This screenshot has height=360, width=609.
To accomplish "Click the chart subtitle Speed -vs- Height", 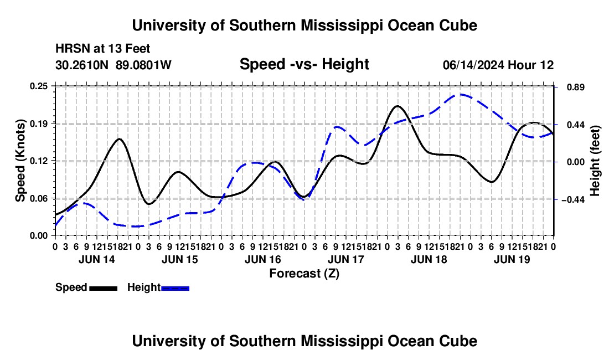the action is (x=304, y=64).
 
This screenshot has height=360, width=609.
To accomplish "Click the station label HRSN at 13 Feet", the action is (x=102, y=49).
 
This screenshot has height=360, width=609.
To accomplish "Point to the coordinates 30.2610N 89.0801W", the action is (x=113, y=65).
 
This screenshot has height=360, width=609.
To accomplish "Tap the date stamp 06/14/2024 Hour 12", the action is (x=498, y=65).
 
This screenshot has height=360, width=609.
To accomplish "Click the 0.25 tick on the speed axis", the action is (x=39, y=86).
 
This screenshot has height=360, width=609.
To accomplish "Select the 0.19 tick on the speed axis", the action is (x=39, y=124).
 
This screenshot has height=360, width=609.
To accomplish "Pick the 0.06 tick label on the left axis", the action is (x=39, y=198).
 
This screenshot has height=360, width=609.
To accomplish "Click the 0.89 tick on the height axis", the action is (x=576, y=87).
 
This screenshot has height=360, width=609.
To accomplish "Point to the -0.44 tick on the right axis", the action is (x=574, y=199).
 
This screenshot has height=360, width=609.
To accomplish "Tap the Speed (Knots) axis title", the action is (x=20, y=161).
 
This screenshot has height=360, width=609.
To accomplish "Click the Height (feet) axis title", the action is (x=595, y=161).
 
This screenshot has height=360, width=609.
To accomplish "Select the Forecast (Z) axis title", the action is (x=304, y=274).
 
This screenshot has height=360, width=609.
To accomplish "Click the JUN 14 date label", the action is (x=97, y=259).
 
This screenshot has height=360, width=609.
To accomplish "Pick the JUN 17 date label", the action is (x=346, y=259).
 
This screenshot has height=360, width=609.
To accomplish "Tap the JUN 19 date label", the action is (x=512, y=259).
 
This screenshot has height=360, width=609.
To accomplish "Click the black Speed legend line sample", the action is (x=104, y=288).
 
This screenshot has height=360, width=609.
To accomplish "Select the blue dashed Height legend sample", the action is (x=175, y=288).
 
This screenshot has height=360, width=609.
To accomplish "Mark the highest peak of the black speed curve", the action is (x=397, y=106).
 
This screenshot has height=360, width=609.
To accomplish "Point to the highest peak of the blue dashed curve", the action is (x=461, y=94).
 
